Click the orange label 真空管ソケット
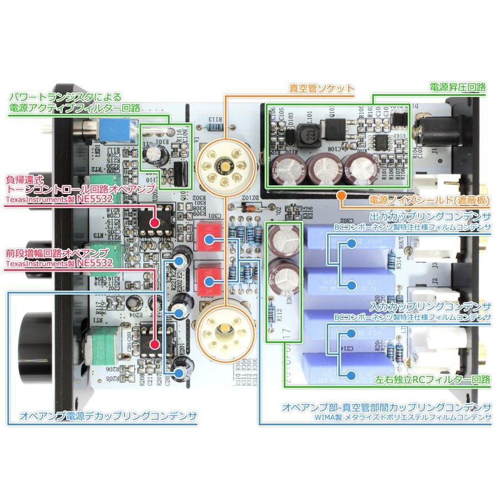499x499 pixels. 322,88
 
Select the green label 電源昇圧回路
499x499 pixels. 458,87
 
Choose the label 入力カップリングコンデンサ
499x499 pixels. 430,307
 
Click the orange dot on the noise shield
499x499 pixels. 342,195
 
